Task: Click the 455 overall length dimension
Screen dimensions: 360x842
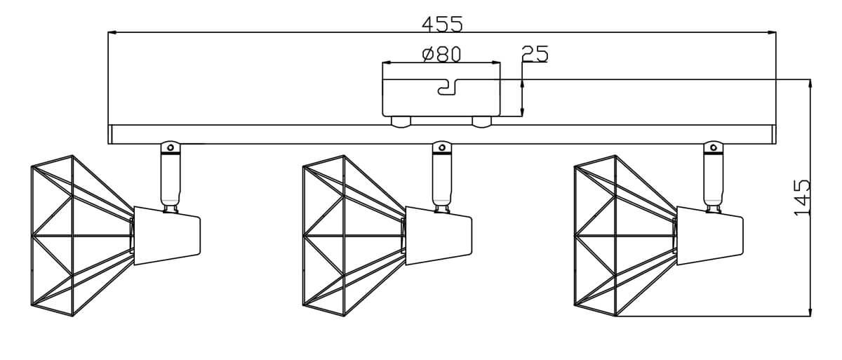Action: click(442, 24)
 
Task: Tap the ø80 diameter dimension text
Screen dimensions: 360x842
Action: click(441, 54)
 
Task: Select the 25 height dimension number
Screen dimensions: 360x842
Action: click(535, 54)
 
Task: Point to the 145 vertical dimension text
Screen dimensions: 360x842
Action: click(802, 197)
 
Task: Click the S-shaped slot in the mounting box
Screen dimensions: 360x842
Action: click(446, 86)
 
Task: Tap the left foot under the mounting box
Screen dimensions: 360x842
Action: click(400, 122)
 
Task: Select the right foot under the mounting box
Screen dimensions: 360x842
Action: click(481, 122)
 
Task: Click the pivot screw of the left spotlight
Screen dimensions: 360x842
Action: click(169, 147)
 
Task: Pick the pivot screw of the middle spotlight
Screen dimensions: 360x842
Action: click(441, 147)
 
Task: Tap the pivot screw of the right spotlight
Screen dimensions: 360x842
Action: click(714, 147)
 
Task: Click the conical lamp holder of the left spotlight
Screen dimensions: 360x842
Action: click(166, 236)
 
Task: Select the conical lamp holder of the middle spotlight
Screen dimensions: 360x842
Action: click(438, 236)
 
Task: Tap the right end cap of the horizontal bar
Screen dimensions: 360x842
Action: click(773, 135)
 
